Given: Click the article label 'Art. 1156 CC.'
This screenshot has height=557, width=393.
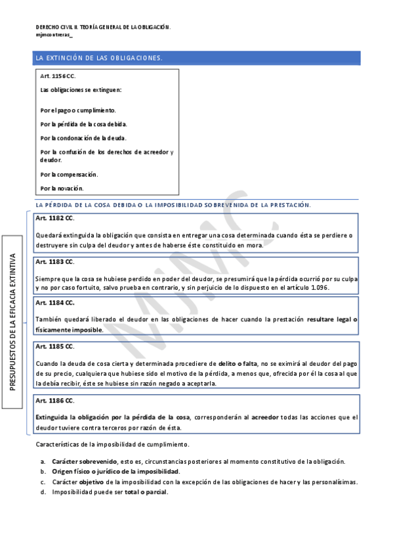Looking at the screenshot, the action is (x=58, y=77).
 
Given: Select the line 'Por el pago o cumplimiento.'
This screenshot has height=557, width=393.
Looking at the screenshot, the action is (x=77, y=110).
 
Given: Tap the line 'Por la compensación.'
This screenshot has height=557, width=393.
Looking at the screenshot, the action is (x=69, y=175).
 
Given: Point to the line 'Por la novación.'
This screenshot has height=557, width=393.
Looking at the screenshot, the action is (x=62, y=189).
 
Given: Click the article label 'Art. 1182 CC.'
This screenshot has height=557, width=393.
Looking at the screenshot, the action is (x=55, y=218).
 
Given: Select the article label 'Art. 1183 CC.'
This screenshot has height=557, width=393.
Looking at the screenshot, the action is (x=55, y=261).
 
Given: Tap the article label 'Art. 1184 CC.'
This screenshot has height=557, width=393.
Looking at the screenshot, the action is (x=55, y=303).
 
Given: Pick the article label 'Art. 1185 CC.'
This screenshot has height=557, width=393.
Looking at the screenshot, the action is (x=55, y=346).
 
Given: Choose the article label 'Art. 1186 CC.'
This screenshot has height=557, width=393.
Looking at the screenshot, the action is (x=55, y=400).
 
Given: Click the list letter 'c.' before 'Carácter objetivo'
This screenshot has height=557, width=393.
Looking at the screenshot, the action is (x=43, y=481).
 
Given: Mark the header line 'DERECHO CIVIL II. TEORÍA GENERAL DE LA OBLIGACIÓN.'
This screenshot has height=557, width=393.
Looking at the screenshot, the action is (x=103, y=27).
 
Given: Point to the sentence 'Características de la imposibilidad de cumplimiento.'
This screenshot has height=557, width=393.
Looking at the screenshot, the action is (x=112, y=445).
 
